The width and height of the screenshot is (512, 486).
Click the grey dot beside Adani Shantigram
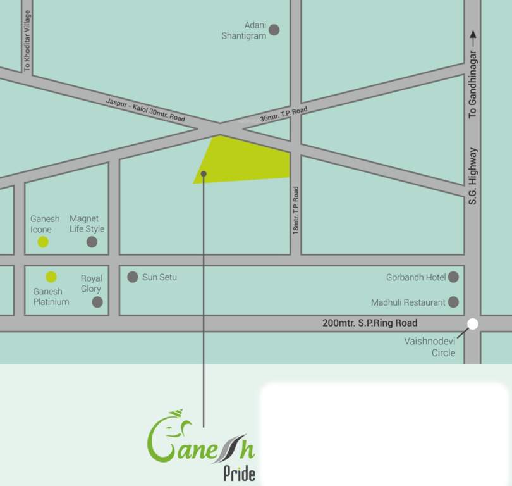pos(274,30)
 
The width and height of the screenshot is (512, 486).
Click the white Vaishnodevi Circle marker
pos(473,325)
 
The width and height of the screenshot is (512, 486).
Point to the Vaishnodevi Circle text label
pos(430,347)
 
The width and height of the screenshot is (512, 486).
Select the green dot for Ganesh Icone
pos(43,242)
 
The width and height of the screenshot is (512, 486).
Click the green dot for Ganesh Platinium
pos(51,277)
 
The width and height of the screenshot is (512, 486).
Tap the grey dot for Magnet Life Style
pos(92,242)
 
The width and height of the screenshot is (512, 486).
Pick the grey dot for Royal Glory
pos(97,302)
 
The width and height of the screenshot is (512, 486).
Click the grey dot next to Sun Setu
pos(133,277)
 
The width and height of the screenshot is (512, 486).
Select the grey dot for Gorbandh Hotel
pos(453,277)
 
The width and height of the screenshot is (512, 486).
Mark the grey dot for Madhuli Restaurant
pos(453,302)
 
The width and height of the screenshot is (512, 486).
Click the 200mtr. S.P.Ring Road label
pos(370,323)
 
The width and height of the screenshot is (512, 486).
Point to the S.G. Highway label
pos(473,176)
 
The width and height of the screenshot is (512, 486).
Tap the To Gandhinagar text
pos(473,85)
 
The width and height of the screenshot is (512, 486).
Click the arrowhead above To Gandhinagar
pos(473,35)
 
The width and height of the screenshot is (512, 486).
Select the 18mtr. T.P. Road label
pos(296,211)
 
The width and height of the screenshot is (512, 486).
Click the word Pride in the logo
pos(240,473)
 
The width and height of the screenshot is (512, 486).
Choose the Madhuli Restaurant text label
pos(408,302)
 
